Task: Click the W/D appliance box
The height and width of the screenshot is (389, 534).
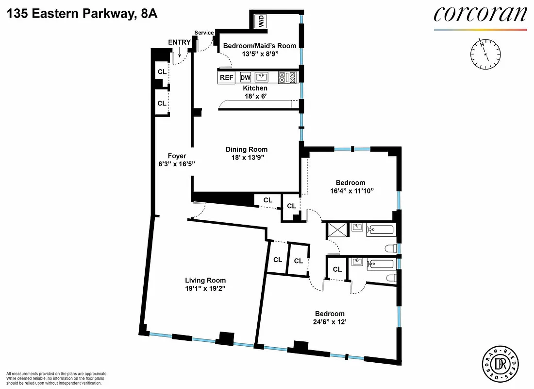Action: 262,21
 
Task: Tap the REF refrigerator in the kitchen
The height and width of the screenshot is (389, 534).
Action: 227,77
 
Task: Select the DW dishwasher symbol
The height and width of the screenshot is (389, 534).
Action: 246,77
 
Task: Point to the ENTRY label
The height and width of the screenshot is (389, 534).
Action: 179,42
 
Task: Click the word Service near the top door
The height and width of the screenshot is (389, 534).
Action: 204,33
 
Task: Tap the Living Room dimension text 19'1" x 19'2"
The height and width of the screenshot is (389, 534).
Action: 205,288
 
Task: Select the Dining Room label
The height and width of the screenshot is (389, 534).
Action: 247,149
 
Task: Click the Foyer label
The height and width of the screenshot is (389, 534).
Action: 177,156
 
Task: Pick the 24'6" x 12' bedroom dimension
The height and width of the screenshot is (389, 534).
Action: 330,322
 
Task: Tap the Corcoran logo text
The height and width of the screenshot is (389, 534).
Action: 480,15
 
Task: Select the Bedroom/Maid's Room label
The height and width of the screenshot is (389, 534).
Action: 259,46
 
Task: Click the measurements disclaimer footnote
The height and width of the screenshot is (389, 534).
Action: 56,378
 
